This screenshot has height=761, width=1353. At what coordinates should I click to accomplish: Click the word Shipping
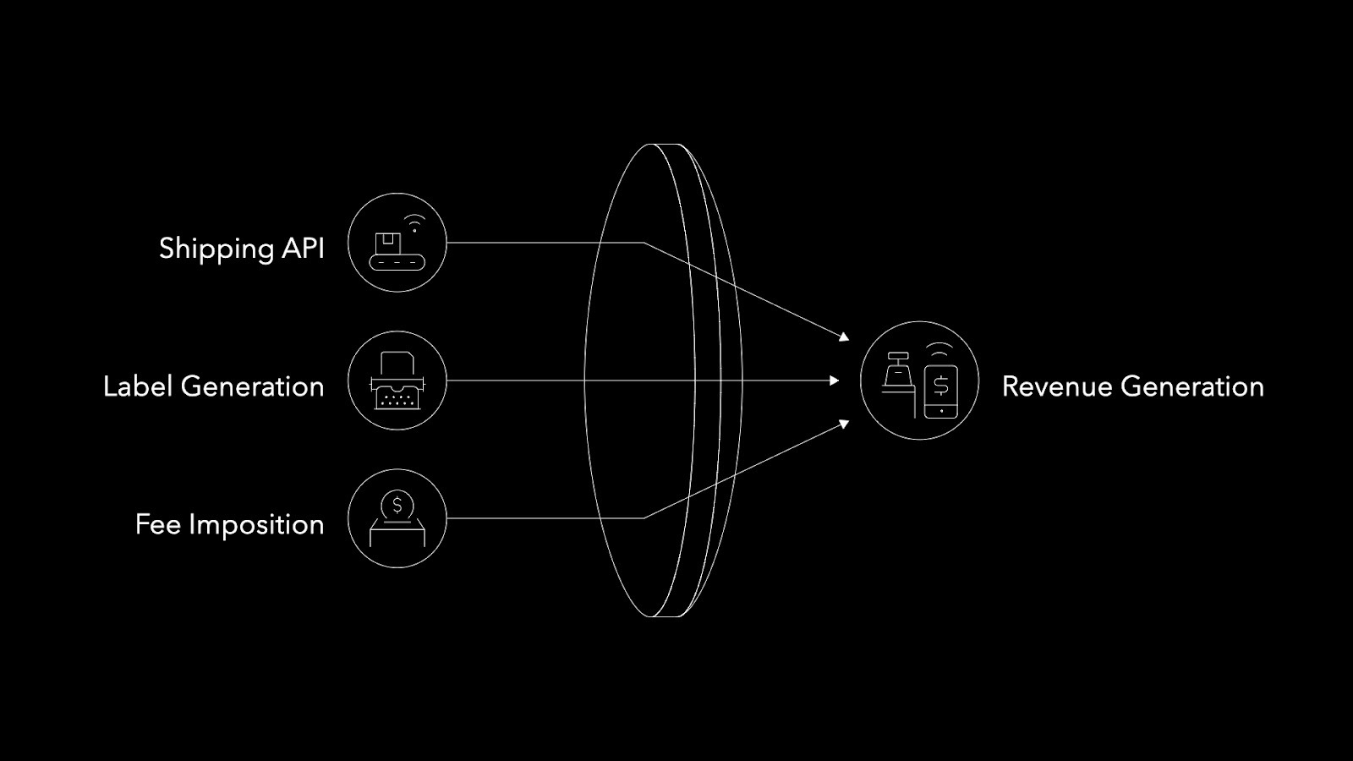coord(216,249)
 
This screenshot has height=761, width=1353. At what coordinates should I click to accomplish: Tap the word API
coord(303,248)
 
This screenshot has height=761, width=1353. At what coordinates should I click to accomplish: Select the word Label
coord(138,386)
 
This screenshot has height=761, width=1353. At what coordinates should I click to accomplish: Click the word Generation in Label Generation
coord(252,386)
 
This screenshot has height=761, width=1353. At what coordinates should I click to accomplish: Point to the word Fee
coord(157,524)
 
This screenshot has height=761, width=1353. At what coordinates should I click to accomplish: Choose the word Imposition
coord(256,525)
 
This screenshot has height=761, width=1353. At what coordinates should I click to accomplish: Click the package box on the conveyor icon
coord(388,244)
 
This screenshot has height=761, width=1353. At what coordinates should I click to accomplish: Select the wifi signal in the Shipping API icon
coord(414,224)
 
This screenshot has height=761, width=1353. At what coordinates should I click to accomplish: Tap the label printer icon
coord(397,381)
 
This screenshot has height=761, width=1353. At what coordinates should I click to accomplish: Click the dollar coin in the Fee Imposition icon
coord(397,506)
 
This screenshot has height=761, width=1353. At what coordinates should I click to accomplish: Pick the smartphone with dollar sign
coord(941,391)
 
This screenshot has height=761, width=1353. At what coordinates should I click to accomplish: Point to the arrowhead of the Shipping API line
coord(844,337)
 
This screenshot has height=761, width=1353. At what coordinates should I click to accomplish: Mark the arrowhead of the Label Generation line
coord(835,380)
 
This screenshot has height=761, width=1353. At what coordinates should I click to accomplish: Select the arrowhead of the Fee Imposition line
coord(844,424)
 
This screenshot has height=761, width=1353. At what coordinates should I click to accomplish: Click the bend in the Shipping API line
coord(644,243)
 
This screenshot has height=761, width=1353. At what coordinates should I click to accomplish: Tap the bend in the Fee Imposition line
coord(644,518)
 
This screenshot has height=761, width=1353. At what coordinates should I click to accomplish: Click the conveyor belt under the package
coord(397,263)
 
